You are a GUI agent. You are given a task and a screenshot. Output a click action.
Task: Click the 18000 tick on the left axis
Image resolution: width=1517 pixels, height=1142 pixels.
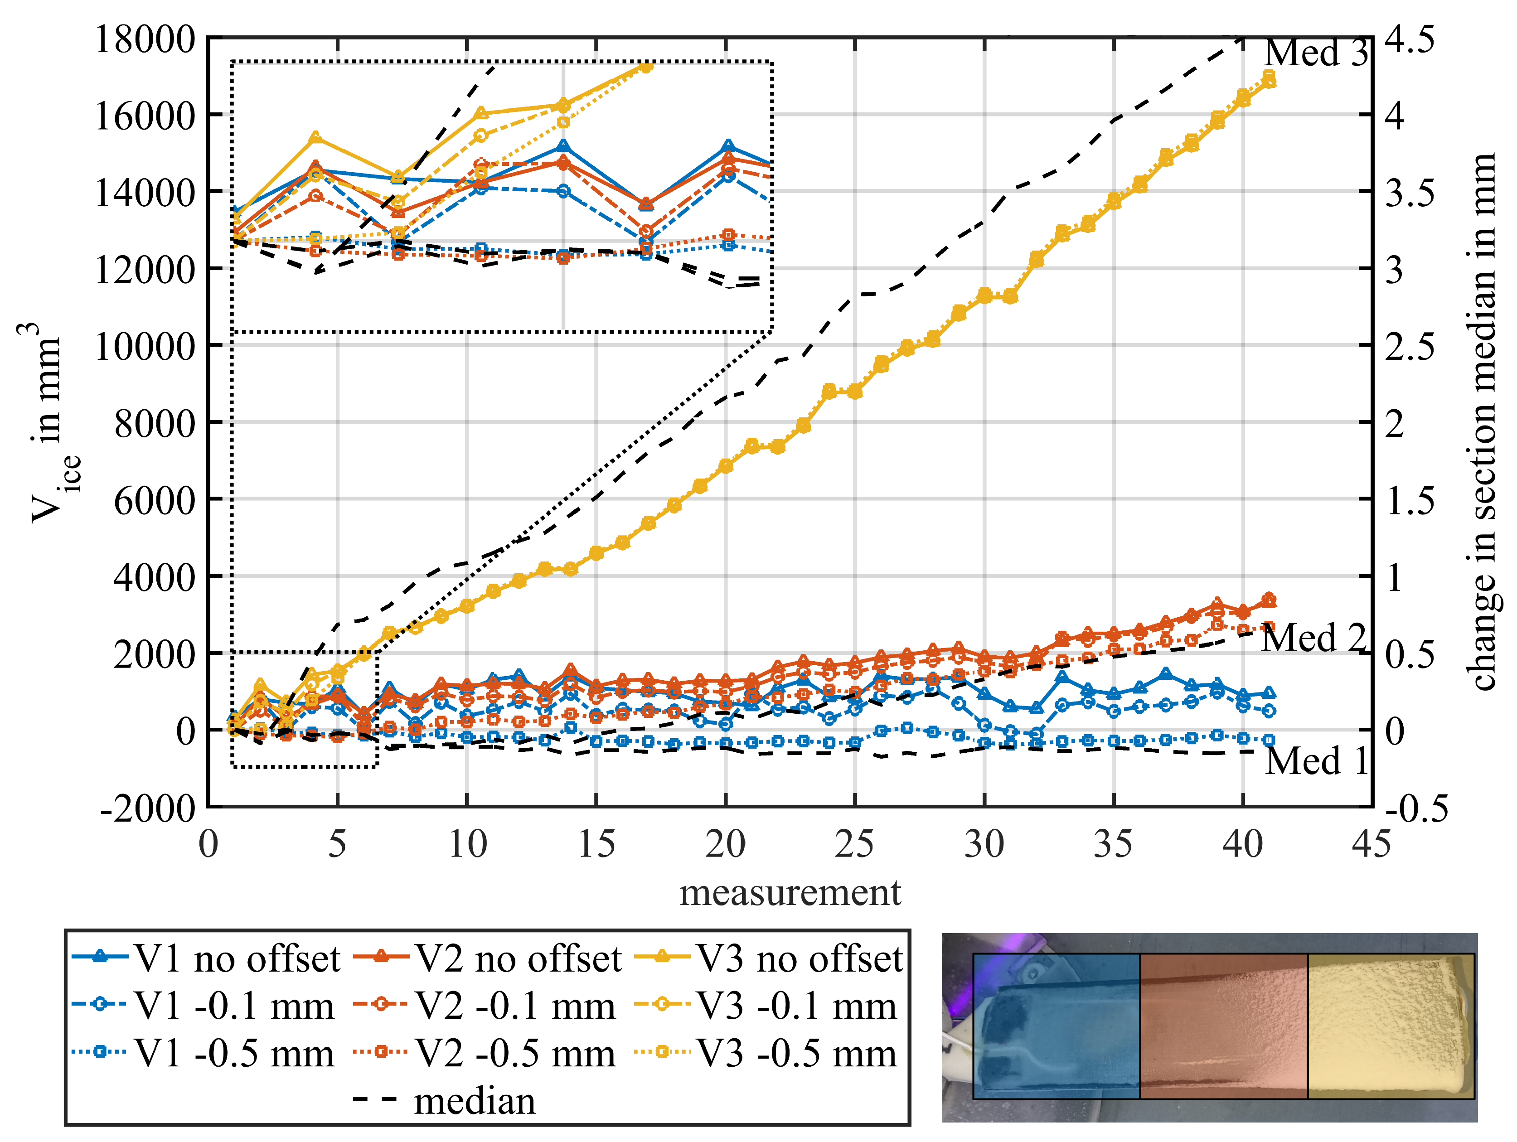click(145, 39)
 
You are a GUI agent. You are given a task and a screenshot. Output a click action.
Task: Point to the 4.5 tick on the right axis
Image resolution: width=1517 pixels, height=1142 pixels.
click(1409, 39)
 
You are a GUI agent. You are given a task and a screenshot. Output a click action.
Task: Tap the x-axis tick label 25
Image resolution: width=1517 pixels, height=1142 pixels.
click(854, 844)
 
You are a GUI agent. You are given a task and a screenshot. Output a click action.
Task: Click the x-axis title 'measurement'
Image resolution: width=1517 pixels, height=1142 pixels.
click(790, 893)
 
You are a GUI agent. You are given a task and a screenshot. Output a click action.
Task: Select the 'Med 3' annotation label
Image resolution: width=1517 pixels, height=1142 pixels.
click(1315, 53)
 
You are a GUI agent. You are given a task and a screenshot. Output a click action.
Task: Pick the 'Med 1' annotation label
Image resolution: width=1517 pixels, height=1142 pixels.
click(1315, 761)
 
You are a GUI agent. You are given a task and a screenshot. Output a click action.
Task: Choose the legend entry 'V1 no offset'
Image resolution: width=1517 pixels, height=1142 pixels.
click(237, 959)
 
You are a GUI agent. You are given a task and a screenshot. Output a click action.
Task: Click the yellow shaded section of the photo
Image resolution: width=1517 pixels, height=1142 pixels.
click(1391, 1026)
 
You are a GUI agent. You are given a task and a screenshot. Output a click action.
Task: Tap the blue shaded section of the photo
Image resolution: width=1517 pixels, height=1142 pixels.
click(1056, 1026)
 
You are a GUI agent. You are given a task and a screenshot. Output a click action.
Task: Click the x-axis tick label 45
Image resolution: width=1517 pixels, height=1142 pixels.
click(1371, 844)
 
